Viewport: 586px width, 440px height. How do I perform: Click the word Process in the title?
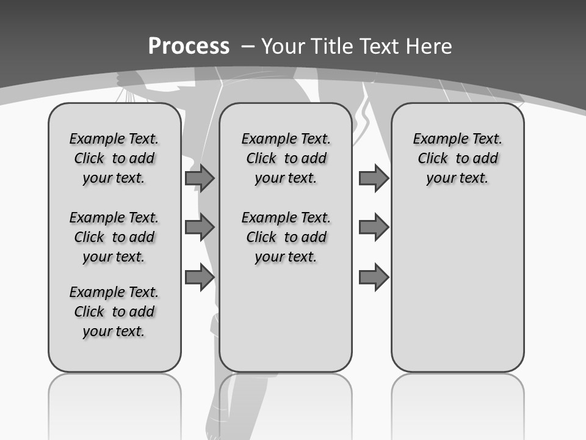pyautogui.click(x=189, y=46)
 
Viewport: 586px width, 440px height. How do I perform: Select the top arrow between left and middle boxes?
pyautogui.click(x=200, y=178)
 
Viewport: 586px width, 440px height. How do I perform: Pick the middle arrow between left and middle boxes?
pyautogui.click(x=200, y=227)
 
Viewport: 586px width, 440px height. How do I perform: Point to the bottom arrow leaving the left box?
pyautogui.click(x=200, y=277)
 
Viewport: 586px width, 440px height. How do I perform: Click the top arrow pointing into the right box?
pyautogui.click(x=374, y=178)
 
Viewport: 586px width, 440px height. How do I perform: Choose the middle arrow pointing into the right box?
pyautogui.click(x=374, y=227)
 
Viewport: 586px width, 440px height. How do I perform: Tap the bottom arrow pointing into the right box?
pyautogui.click(x=374, y=277)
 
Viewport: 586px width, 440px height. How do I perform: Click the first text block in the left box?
pyautogui.click(x=114, y=158)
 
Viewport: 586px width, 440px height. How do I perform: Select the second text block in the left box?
pyautogui.click(x=114, y=237)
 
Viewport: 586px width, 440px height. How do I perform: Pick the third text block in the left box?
pyautogui.click(x=114, y=312)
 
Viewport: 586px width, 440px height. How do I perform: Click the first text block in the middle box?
pyautogui.click(x=286, y=158)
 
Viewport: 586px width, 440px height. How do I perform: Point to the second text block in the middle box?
pyautogui.click(x=286, y=237)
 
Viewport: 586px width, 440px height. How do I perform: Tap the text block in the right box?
pyautogui.click(x=458, y=158)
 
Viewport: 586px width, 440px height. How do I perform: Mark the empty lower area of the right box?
pyautogui.click(x=458, y=287)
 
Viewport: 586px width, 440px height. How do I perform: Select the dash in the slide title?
pyautogui.click(x=248, y=46)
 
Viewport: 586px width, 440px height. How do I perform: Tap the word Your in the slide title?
pyautogui.click(x=283, y=46)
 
